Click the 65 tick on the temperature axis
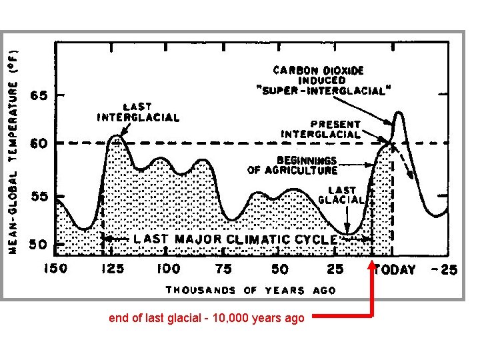(x=39, y=95)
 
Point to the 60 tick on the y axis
(x=39, y=143)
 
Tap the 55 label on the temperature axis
(x=39, y=197)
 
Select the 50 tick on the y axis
(x=39, y=245)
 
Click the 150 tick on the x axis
(x=56, y=269)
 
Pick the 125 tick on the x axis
(x=112, y=269)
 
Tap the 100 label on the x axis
(x=168, y=269)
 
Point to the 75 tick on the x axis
(x=224, y=269)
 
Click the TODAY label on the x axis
(x=395, y=269)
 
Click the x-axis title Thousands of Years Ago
(x=251, y=290)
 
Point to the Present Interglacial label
(x=321, y=129)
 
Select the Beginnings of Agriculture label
(x=293, y=165)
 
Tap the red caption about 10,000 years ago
(x=207, y=318)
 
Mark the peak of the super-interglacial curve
(x=399, y=113)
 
